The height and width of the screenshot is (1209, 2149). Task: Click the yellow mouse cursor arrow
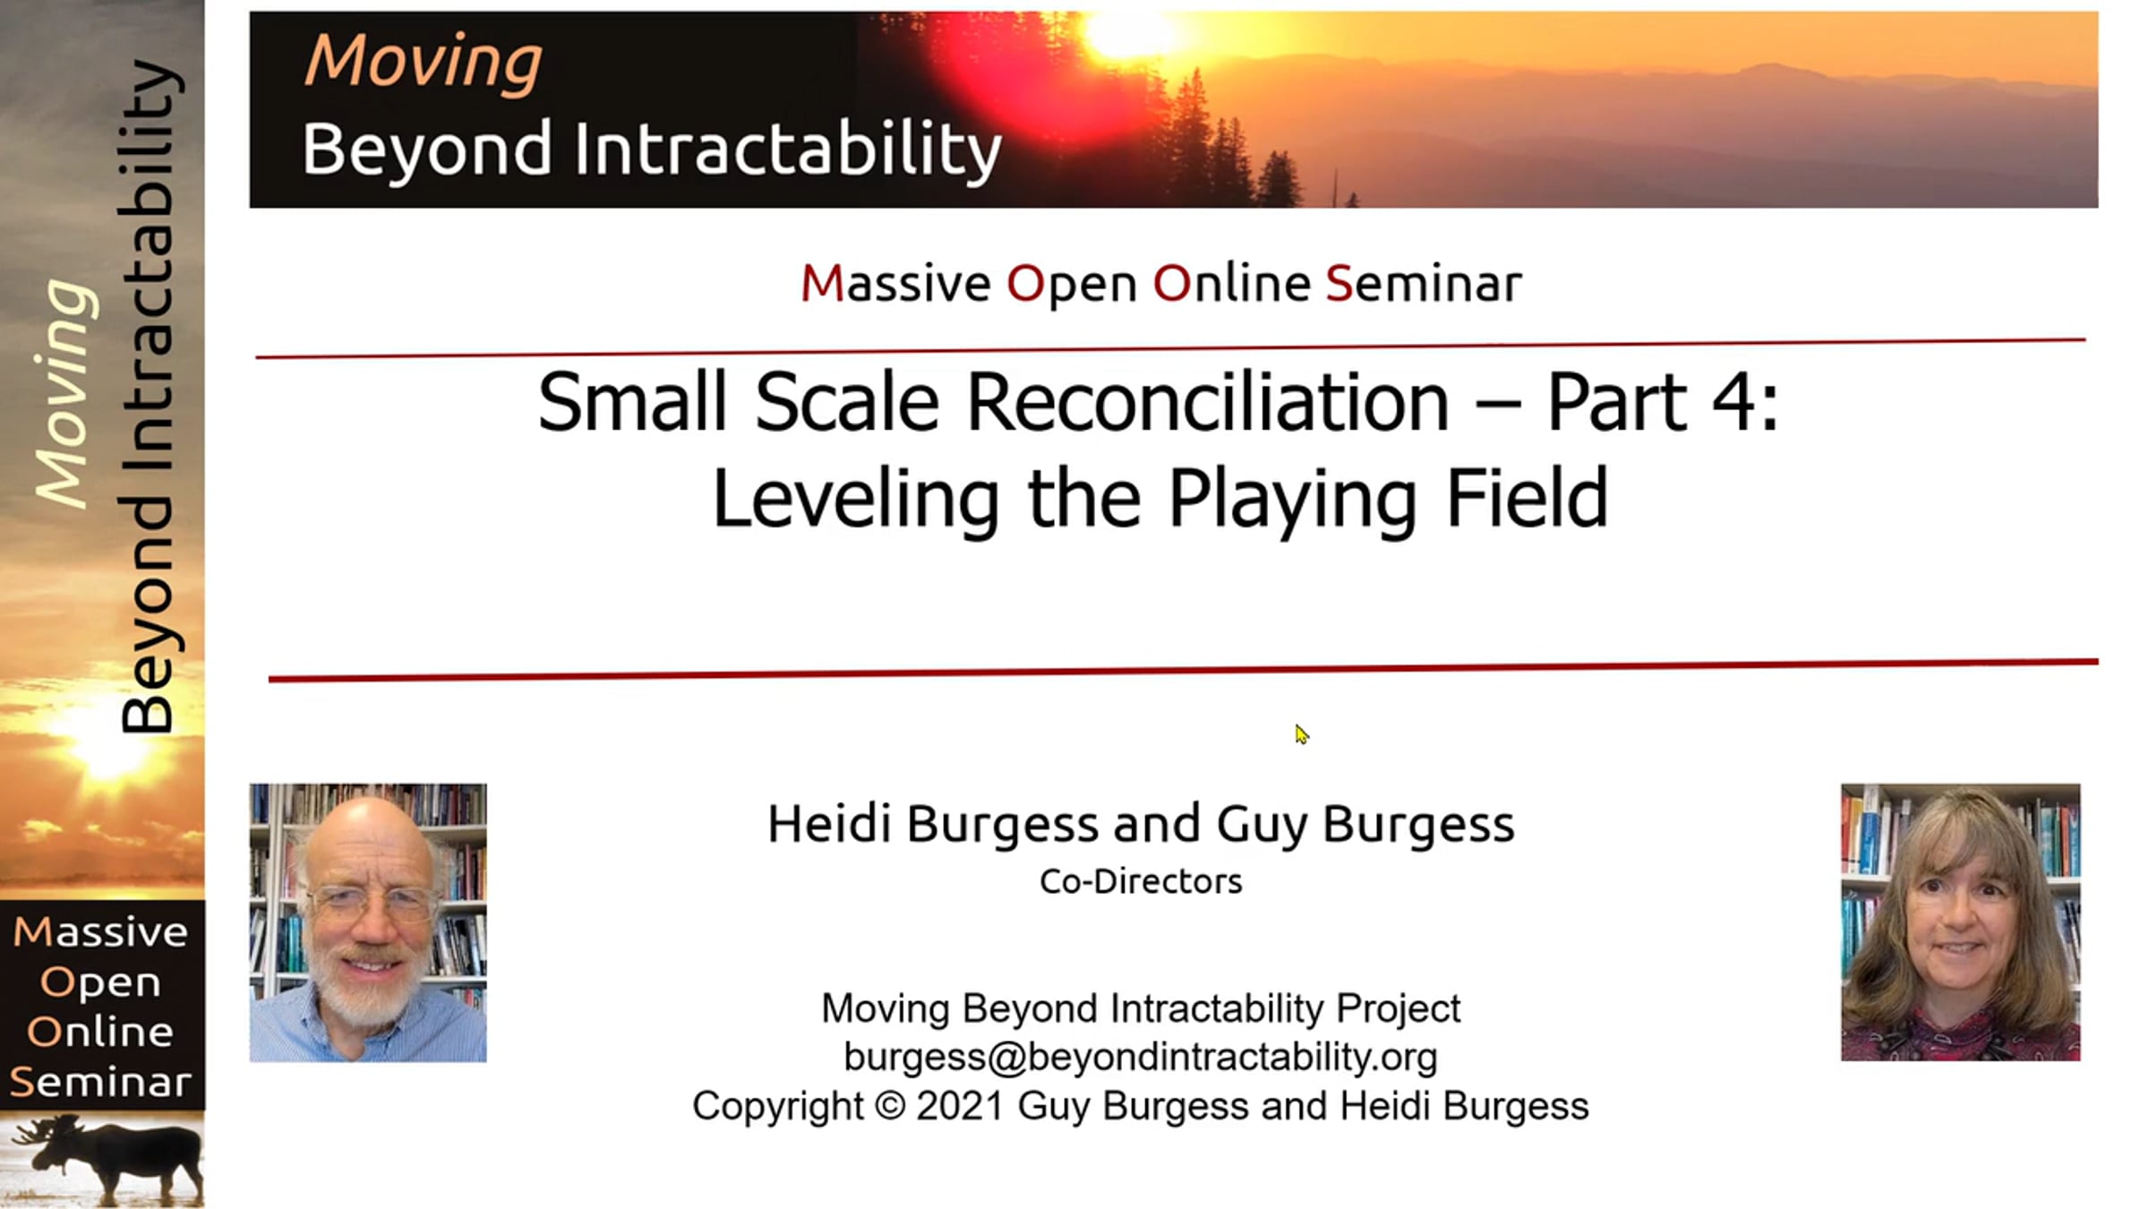[x=1301, y=734]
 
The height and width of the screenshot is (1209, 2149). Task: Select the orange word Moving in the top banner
[x=424, y=62]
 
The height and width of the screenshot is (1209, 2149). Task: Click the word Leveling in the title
[x=855, y=501]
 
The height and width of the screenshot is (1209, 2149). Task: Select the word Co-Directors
[x=1141, y=881]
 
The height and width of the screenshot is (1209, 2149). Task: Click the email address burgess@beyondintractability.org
[x=1141, y=1058]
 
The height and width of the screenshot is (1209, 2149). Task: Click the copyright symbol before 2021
[x=890, y=1105]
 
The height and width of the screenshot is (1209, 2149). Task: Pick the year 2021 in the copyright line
[x=960, y=1105]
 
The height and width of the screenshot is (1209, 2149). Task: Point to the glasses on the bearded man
[x=368, y=902]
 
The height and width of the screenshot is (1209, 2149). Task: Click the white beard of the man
[x=368, y=990]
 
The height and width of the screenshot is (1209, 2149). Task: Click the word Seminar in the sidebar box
[x=100, y=1082]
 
